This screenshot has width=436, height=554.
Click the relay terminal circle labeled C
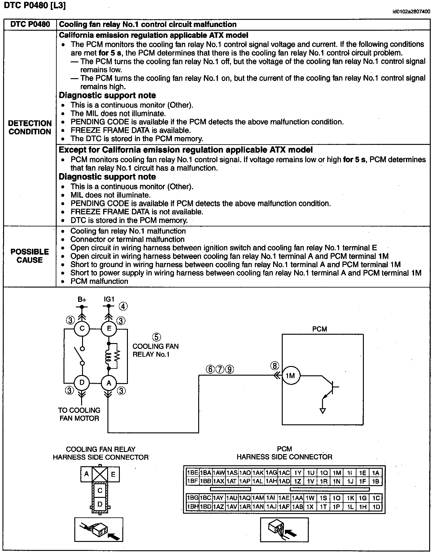pos(82,328)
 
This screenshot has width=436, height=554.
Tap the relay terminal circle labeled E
pos(109,328)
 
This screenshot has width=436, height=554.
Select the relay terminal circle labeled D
pos(82,382)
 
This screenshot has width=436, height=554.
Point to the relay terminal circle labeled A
pos(109,383)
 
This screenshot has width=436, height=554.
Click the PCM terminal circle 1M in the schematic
pos(290,376)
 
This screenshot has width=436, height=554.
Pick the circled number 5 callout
pos(156,337)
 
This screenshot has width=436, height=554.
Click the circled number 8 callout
pos(275,366)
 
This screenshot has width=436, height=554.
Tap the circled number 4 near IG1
pos(123,306)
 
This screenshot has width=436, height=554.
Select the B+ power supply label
pos(82,300)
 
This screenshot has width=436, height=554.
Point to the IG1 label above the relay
pos(109,299)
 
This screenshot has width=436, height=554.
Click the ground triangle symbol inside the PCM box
pos(323,411)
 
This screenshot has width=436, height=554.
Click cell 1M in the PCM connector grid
pos(337,473)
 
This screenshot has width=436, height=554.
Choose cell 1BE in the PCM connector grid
pos(192,473)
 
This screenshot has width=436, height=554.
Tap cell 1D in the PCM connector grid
pos(376,507)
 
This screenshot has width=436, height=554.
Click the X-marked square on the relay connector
pos(100,474)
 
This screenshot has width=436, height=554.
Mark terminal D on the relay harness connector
pos(100,504)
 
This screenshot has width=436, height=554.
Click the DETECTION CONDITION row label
pos(30,127)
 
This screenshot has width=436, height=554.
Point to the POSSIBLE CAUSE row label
pos(30,256)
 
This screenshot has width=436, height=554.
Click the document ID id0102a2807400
pos(411,12)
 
